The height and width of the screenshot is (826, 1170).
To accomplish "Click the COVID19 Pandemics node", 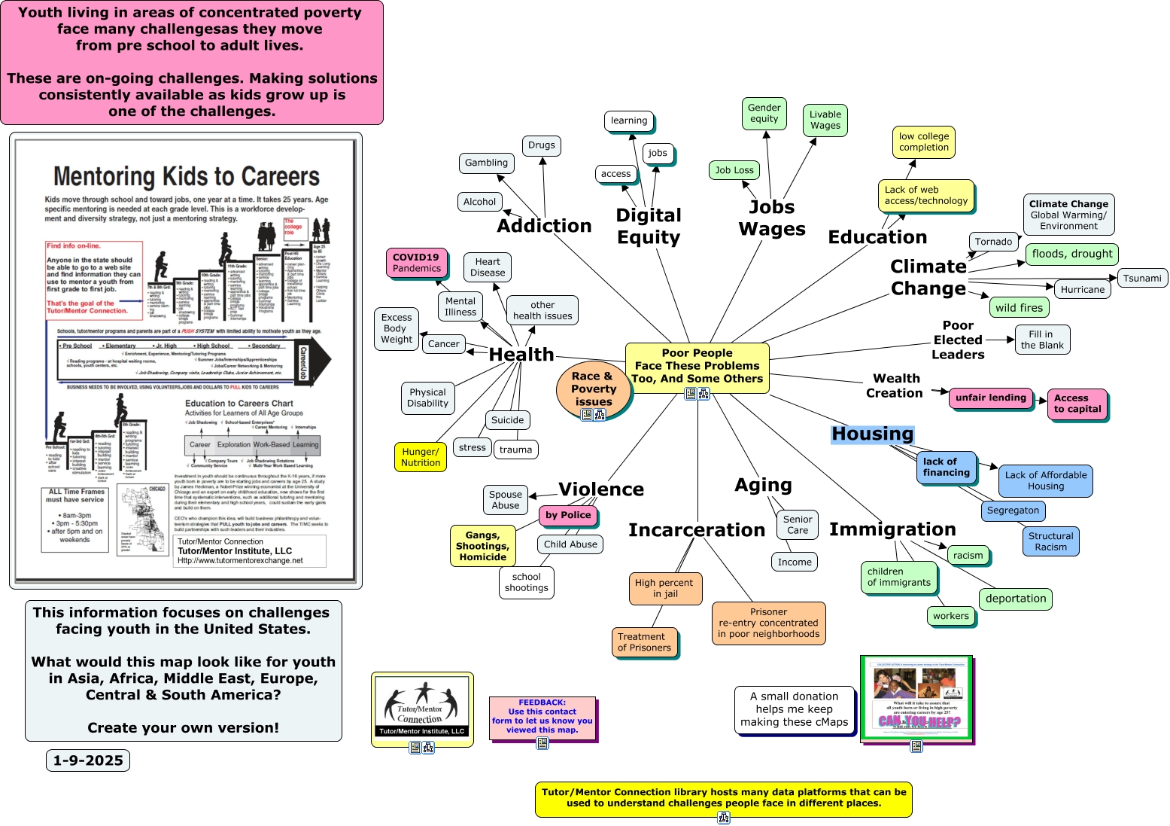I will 417,263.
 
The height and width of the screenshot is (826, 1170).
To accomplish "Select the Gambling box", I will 486,163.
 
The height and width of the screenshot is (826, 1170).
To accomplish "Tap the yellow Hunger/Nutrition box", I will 421,457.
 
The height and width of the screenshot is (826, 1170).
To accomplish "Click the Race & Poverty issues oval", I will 593,389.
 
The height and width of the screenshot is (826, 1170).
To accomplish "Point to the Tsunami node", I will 1142,279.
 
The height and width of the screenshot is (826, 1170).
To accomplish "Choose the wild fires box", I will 1019,307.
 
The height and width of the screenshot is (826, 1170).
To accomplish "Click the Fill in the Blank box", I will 1042,340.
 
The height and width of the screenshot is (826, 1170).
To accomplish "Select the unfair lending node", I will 990,398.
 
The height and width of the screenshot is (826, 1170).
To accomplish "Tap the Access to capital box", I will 1077,404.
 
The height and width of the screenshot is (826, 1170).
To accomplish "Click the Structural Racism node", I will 1050,541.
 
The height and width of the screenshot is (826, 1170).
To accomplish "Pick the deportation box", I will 1015,599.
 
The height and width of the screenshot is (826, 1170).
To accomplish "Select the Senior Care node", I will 797,525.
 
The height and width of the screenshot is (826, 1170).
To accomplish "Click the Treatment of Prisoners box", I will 644,642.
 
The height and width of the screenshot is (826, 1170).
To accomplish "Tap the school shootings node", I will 527,583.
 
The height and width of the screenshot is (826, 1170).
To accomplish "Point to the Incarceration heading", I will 697,530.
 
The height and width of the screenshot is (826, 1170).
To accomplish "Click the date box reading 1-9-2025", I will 88,760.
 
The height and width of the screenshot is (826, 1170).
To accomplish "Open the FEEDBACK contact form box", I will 542,716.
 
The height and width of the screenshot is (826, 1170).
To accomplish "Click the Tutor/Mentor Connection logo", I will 422,706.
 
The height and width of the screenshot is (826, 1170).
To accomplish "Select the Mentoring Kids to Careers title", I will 187,176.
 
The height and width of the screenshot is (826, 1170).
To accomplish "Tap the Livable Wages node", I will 825,120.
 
